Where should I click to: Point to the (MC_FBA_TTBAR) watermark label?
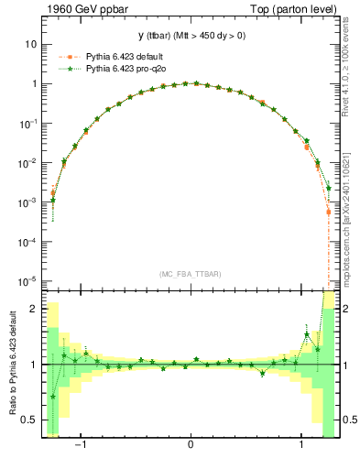[190, 272]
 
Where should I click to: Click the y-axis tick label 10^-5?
[28, 281]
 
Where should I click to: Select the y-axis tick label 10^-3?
[28, 202]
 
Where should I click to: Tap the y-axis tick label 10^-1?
[28, 123]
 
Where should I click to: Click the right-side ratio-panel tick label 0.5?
[348, 420]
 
